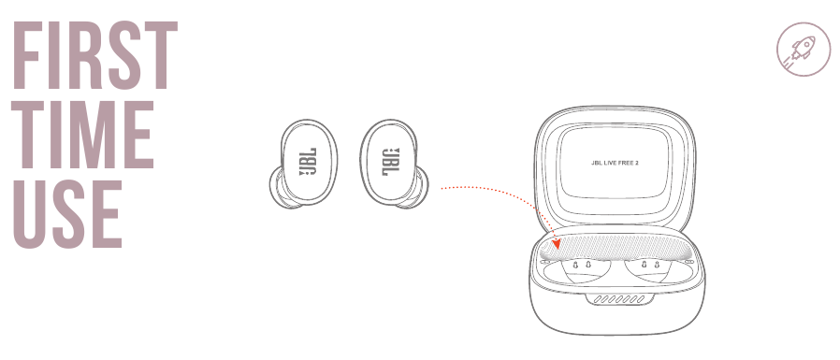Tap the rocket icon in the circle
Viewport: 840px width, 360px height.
click(796, 49)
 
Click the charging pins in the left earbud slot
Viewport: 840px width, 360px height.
click(581, 265)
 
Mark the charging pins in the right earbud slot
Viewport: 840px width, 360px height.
click(652, 266)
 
